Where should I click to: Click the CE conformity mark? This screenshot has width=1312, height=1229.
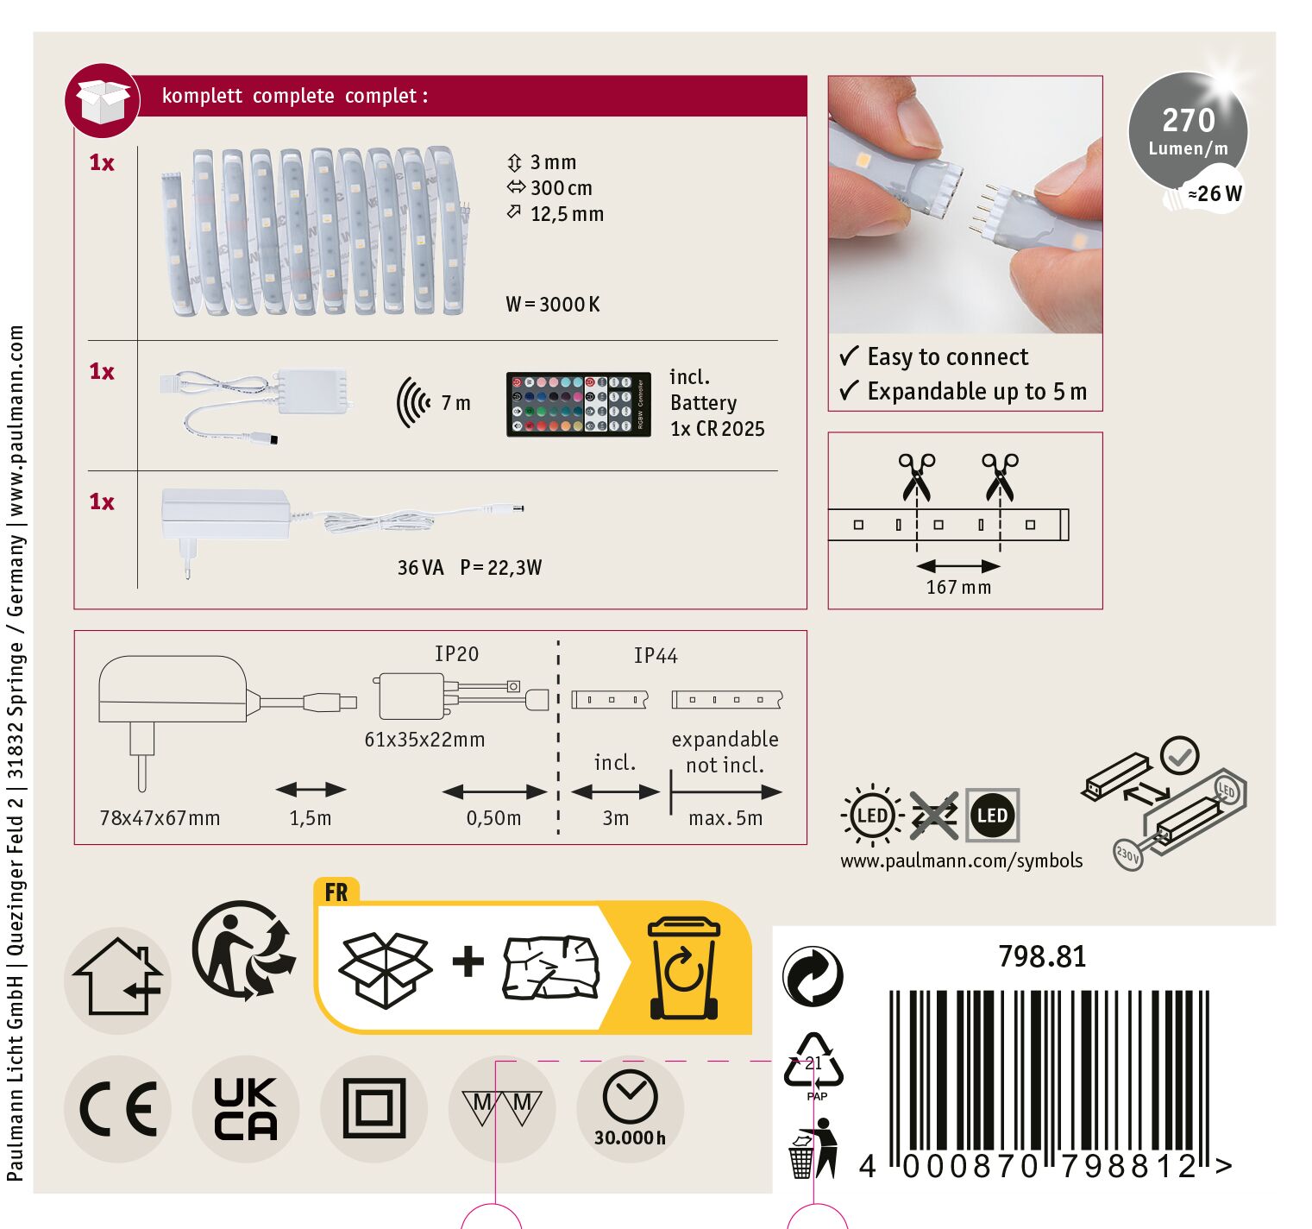click(x=117, y=1109)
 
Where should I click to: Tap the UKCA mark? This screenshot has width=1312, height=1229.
click(x=246, y=1108)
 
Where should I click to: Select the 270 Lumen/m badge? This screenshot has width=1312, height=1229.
click(x=1188, y=132)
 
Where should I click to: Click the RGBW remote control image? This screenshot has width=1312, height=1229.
click(x=578, y=404)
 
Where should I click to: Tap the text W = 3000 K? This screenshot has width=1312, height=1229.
click(x=552, y=305)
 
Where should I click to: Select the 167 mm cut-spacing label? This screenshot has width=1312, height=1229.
click(x=958, y=588)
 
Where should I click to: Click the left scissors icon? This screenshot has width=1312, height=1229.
click(x=916, y=477)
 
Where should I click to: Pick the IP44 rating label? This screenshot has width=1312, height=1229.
click(x=656, y=656)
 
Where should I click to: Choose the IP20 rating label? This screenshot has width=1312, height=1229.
click(x=456, y=654)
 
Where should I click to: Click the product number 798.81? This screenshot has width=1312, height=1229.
click(x=1042, y=956)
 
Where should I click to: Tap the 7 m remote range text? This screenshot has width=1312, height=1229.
click(x=455, y=403)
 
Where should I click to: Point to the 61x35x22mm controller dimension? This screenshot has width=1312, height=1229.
click(x=424, y=740)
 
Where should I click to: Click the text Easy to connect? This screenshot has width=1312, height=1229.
click(x=948, y=356)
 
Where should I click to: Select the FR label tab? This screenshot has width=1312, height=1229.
click(x=336, y=892)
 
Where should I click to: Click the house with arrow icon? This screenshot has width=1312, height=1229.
click(x=117, y=980)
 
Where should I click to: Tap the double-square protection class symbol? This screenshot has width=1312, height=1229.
click(x=374, y=1109)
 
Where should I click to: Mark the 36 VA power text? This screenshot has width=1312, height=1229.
click(x=420, y=568)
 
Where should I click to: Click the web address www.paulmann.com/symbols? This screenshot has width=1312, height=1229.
click(x=961, y=861)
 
